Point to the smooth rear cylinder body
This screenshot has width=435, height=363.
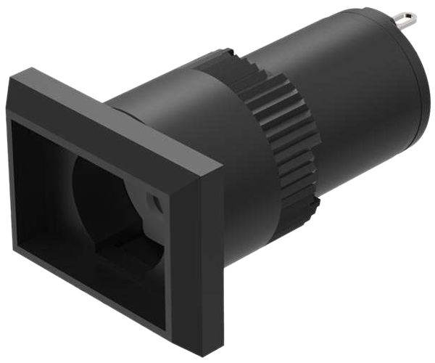click(348, 94)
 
